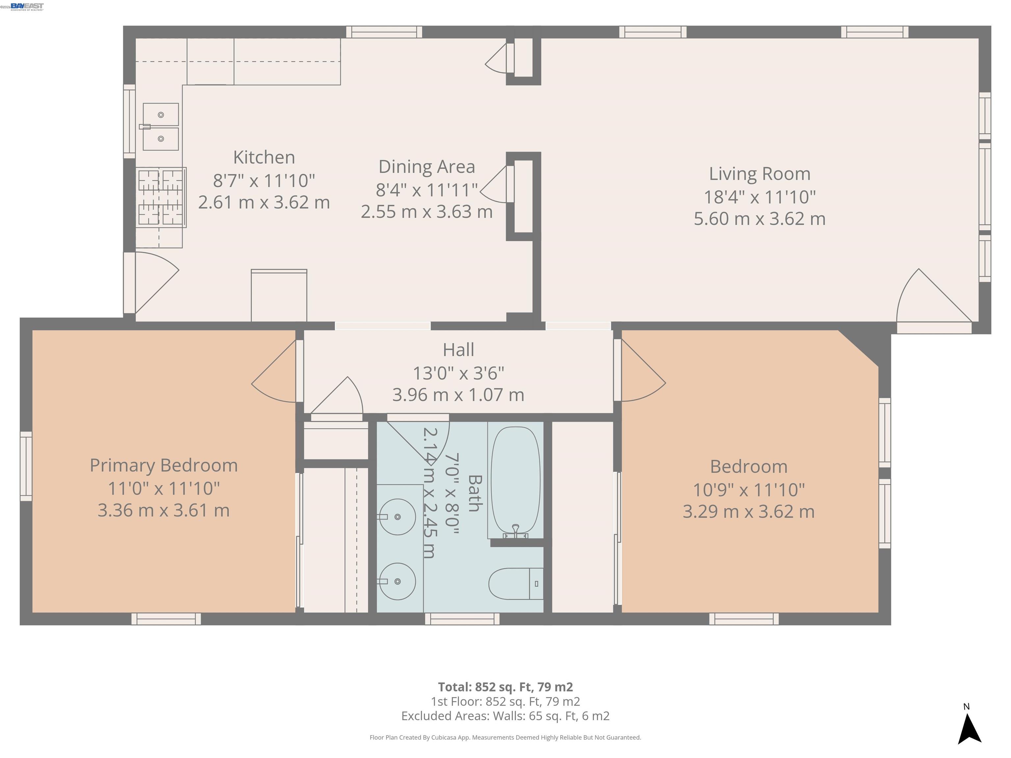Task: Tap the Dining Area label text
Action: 427,166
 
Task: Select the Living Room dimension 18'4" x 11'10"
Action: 759,197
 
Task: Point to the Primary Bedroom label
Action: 164,465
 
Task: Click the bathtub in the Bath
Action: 515,480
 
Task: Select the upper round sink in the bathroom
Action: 397,517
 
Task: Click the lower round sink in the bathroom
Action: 397,581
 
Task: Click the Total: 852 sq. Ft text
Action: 505,687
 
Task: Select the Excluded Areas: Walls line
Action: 505,716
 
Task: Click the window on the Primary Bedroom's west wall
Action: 26,466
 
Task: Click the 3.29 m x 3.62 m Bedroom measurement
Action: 748,511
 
